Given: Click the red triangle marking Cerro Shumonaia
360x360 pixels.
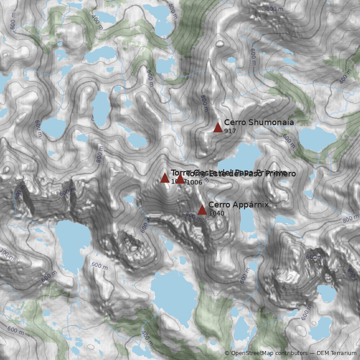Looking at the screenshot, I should (218, 127).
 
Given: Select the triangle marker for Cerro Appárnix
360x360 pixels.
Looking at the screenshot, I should (202, 210).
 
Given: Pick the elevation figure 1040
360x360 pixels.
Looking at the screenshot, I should (216, 213).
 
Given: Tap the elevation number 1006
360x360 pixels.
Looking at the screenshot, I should (194, 182).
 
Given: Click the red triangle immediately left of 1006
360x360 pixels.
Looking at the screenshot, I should (180, 179).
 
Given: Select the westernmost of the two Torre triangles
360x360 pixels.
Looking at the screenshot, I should (165, 178).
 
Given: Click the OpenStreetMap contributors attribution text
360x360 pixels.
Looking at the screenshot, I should (269, 353).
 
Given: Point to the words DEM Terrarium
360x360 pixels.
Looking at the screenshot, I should (337, 353).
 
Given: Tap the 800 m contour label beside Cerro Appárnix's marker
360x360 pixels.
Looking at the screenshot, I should (194, 216).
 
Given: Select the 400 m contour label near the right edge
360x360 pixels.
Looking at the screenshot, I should (345, 76).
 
